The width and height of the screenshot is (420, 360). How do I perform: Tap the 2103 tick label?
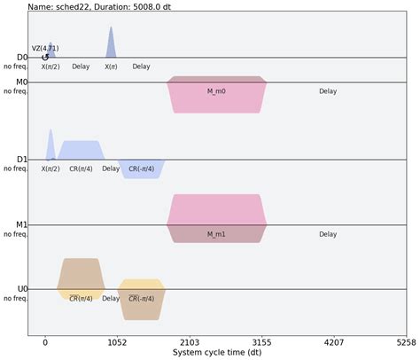(x=189, y=340)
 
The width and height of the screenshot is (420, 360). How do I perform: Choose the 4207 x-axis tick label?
(x=333, y=340)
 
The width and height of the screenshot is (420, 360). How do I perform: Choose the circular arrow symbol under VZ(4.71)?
(x=45, y=58)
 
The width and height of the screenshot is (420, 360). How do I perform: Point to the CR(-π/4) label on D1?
(x=140, y=168)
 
